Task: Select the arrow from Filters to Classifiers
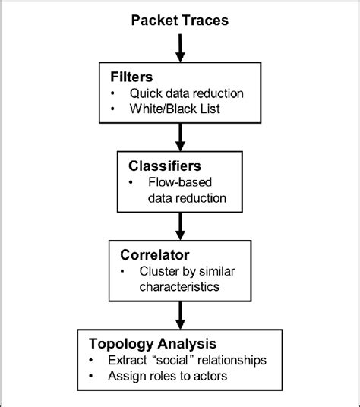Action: click(180, 137)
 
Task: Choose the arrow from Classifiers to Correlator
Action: click(180, 224)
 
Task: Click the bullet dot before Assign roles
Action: click(92, 375)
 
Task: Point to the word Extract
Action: click(127, 359)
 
